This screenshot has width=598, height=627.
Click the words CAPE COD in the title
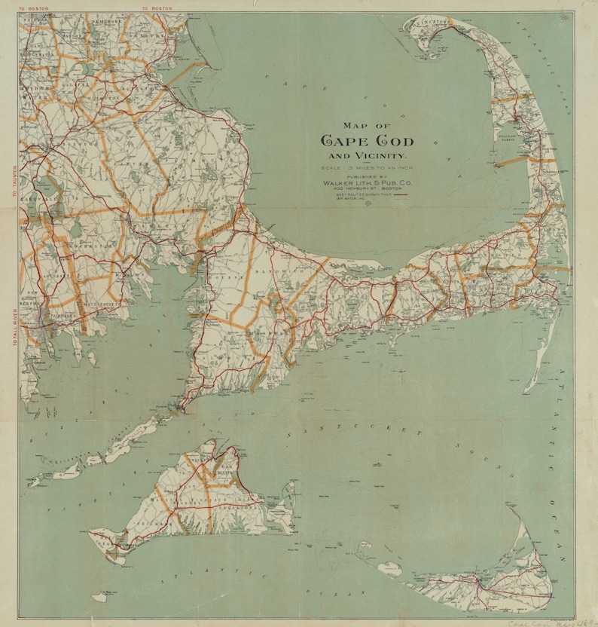tap(367, 141)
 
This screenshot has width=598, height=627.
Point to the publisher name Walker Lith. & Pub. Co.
tap(367, 182)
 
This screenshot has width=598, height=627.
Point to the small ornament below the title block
tap(367, 206)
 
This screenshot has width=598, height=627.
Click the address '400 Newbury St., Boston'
tap(367, 188)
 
